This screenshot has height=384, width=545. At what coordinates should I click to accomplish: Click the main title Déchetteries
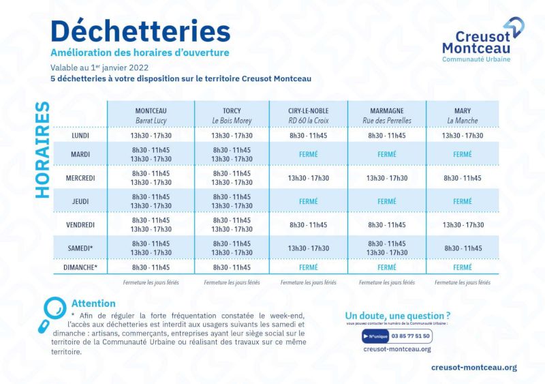pyautogui.click(x=140, y=30)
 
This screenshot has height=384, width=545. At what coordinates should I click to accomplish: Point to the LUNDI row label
pyautogui.click(x=80, y=136)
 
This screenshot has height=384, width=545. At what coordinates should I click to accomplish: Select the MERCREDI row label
pyautogui.click(x=80, y=178)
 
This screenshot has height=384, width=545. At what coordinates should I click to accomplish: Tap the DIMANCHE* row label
pyautogui.click(x=80, y=267)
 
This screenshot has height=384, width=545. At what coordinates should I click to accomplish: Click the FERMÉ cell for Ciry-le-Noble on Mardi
pyautogui.click(x=309, y=154)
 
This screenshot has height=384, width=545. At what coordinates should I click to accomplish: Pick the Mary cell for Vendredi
pyautogui.click(x=463, y=224)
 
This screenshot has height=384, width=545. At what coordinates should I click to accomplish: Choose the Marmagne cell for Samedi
pyautogui.click(x=387, y=248)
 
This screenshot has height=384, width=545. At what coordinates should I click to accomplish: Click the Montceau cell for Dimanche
pyautogui.click(x=151, y=267)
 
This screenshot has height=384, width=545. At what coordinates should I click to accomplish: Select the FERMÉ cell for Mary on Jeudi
pyautogui.click(x=463, y=201)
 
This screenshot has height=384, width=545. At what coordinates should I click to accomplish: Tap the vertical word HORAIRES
pyautogui.click(x=42, y=150)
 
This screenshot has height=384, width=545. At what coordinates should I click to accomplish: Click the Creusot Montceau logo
pyautogui.click(x=482, y=41)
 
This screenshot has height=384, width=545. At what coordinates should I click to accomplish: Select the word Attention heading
pyautogui.click(x=93, y=304)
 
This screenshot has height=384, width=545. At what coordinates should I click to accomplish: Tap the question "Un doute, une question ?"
pyautogui.click(x=398, y=316)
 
